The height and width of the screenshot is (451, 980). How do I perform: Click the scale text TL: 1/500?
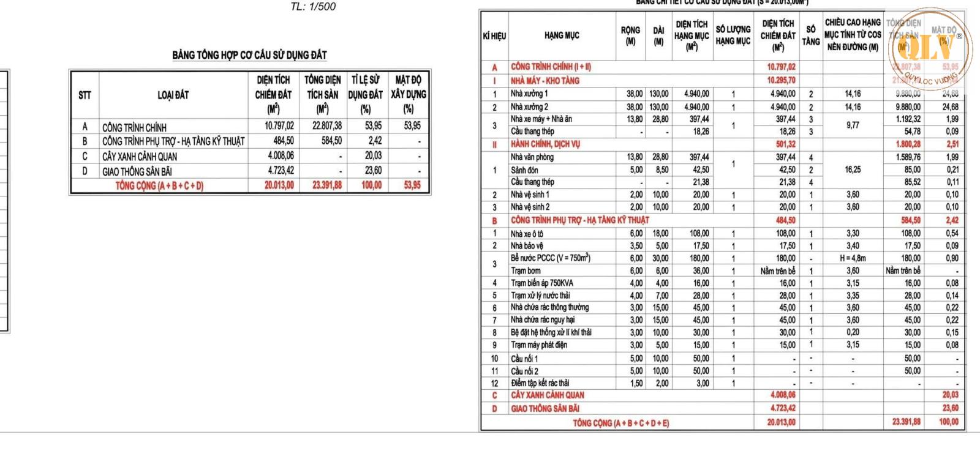(313, 7)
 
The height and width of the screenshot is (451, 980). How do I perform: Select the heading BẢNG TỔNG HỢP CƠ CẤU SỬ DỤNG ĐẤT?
(249, 55)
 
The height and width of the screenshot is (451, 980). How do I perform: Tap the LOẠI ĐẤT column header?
(173, 95)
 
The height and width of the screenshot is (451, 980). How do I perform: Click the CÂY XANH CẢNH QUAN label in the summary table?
(140, 156)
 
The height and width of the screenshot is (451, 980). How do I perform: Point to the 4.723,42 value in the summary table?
(279, 171)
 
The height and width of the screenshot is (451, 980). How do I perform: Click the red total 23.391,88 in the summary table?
(327, 185)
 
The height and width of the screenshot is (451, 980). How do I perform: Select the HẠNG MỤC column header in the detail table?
(562, 35)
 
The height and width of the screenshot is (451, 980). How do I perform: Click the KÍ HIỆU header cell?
(494, 35)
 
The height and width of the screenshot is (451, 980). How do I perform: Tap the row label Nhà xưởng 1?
(529, 94)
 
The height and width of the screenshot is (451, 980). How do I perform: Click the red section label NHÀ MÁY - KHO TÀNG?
(545, 80)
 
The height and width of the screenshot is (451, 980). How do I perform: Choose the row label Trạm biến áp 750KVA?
(542, 283)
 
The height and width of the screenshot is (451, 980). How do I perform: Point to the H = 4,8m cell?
(853, 258)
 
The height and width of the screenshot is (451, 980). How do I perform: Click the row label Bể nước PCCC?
(550, 258)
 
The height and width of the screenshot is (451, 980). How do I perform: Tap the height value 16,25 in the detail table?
(853, 170)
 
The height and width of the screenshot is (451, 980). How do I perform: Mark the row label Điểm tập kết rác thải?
(540, 383)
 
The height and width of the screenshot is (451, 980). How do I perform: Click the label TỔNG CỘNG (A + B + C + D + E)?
(621, 422)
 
